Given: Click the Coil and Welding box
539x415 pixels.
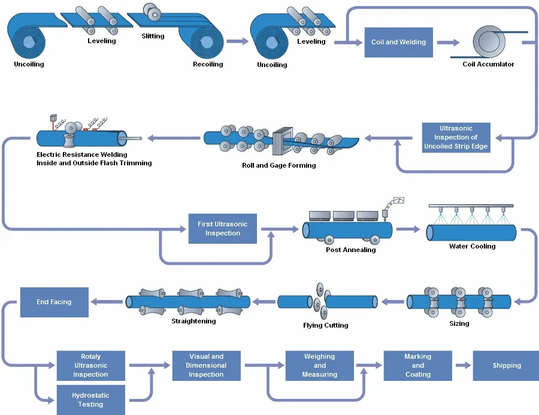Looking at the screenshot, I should (398, 43).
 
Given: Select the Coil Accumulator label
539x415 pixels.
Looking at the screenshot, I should (488, 64).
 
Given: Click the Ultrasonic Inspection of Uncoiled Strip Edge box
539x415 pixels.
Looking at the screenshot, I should (456, 138).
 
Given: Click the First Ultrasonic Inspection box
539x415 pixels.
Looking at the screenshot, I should (222, 229).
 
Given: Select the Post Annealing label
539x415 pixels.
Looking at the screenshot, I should (350, 250).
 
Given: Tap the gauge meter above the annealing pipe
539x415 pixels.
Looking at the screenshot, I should (398, 201).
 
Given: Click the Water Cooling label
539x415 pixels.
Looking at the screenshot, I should (472, 246).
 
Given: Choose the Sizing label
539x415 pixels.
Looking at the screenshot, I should (459, 323).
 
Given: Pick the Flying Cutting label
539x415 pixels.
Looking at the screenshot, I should (325, 325).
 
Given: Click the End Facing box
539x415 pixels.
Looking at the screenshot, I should (54, 302).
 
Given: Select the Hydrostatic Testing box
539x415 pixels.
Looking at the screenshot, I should (90, 400).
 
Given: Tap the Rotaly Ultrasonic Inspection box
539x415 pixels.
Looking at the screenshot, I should (90, 365).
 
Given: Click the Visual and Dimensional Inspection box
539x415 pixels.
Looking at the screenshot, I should (206, 365).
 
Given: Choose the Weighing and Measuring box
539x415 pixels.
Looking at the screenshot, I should (319, 365).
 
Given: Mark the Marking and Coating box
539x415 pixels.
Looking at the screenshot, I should (417, 365).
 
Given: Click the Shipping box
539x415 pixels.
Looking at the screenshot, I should (506, 365).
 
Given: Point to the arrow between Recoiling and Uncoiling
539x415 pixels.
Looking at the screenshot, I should (237, 41).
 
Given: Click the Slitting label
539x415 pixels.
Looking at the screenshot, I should (153, 36).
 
